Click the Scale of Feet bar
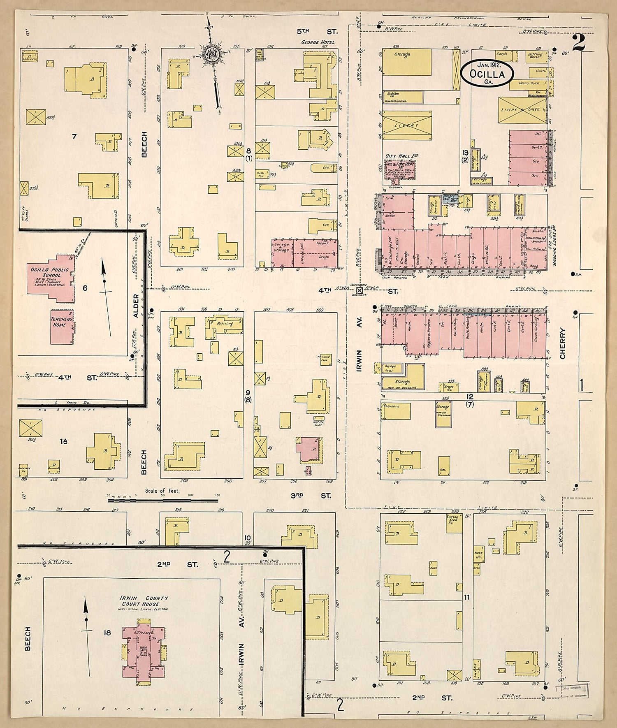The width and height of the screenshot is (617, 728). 163,500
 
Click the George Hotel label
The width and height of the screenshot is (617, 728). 318,42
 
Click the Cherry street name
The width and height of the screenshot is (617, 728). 562,343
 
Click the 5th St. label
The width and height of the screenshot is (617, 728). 316,31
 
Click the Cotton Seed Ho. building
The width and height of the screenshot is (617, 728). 454,524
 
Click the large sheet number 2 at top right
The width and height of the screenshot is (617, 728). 578,42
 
